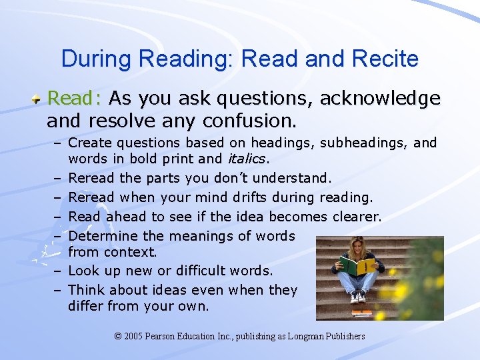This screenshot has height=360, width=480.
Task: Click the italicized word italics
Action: point(247,159)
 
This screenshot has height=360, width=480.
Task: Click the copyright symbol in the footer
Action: point(119,336)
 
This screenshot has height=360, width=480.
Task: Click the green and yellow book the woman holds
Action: point(359,265)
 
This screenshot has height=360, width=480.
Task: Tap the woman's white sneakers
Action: point(359,297)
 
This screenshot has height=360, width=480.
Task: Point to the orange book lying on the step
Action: point(361,311)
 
